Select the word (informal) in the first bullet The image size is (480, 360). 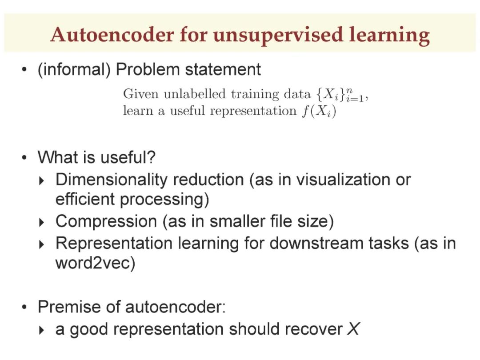74,69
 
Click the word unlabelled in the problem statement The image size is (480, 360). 195,94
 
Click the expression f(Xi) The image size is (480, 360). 319,111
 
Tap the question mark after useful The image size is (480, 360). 152,157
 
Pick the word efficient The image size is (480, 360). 85,199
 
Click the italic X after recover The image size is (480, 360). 353,329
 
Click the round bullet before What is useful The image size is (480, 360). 24,158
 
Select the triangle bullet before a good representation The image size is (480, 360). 42,330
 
